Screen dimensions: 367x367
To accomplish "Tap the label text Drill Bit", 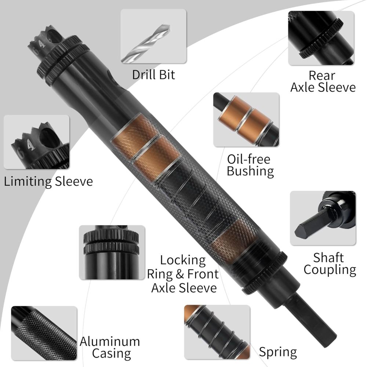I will pos(153,75).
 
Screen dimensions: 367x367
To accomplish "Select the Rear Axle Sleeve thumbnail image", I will pos(321,38).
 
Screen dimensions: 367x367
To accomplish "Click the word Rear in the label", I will pos(322,76).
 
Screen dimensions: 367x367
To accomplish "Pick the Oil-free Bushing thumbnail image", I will pos(246,119).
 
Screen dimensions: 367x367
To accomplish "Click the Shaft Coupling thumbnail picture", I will pos(323,218).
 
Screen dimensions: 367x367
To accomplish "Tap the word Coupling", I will pos(330,270).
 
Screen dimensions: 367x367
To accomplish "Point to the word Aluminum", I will pos(110,341).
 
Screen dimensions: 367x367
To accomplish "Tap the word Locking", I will pos(183,260).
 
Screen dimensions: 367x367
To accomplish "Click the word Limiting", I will pos(29,181).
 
